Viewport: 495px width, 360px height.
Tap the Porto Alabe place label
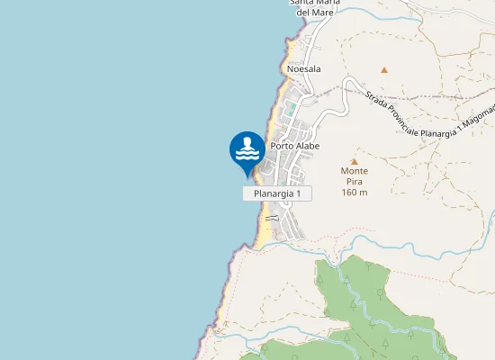pos(295,146)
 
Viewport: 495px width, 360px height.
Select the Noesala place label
pos(303,68)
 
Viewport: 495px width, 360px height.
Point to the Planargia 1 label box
pos(277,193)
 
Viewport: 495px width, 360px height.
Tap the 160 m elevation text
pos(354,192)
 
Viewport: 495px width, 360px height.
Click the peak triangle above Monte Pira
pos(354,161)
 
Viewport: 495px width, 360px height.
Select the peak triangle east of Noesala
pos(384,69)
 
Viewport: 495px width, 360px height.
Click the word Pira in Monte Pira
pos(354,181)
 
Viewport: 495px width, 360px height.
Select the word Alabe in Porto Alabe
pos(308,146)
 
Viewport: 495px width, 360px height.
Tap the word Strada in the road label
pos(375,96)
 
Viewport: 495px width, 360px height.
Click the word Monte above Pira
pos(354,170)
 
